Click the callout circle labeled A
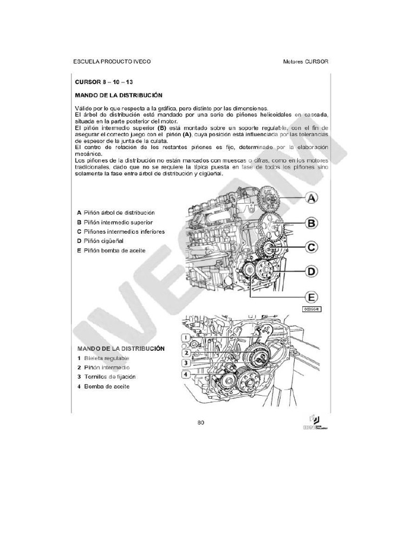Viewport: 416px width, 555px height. pos(312,199)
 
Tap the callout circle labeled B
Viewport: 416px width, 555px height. pos(312,223)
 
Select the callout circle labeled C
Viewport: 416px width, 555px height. pos(312,247)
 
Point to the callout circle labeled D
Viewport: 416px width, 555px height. pos(312,271)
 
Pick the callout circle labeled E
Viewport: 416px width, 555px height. pos(311,296)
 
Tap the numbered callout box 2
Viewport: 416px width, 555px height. pos(185,353)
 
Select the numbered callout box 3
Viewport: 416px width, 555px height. pos(185,363)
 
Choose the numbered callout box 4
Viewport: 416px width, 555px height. pos(185,375)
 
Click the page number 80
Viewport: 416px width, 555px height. pos(201,422)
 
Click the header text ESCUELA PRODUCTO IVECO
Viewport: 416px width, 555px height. pos(112,61)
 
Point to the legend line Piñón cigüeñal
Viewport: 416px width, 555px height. pos(103,241)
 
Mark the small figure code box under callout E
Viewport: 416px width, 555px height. pos(311,309)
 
